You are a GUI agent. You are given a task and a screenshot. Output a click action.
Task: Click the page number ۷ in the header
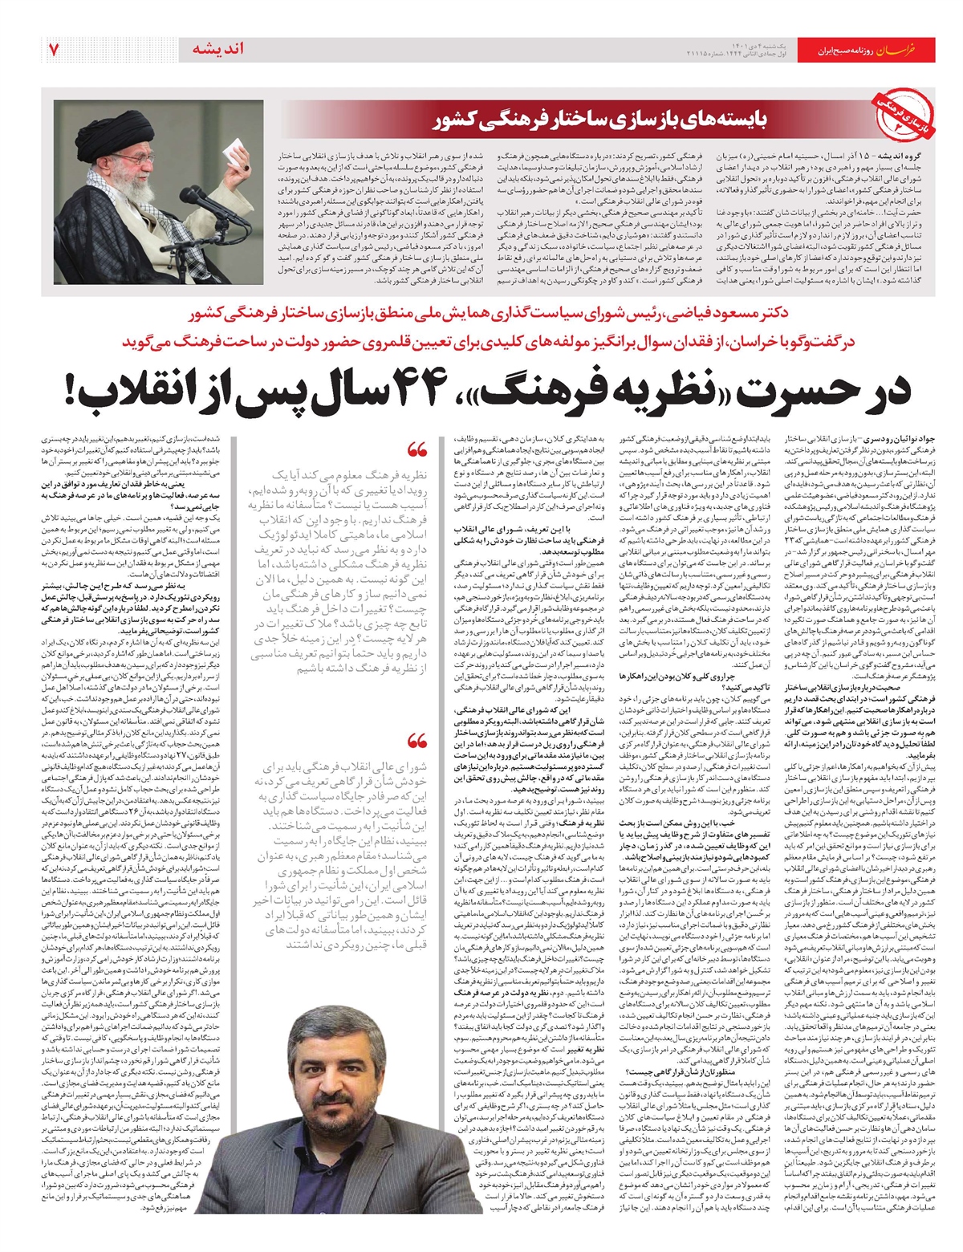click(x=54, y=49)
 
